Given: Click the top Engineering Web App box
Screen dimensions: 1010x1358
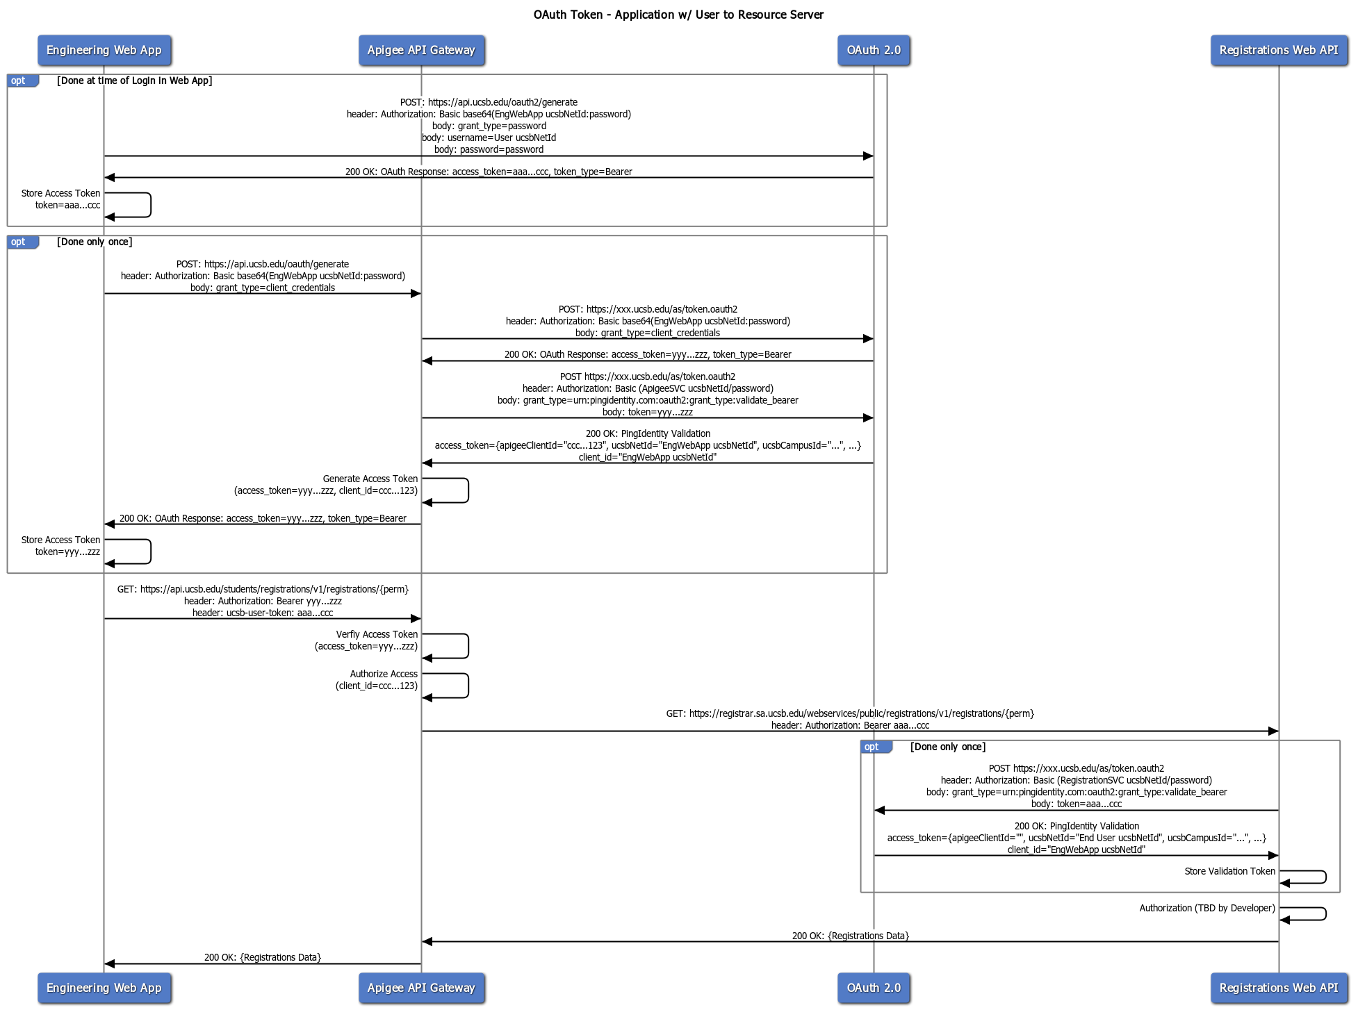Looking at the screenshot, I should tap(104, 50).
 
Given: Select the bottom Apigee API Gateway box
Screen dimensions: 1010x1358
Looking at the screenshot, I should tap(421, 988).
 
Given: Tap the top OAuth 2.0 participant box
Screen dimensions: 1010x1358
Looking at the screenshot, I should tap(874, 50).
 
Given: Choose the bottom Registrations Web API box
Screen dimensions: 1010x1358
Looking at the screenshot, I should tap(1279, 988).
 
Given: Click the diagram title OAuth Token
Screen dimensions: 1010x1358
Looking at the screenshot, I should tap(678, 15).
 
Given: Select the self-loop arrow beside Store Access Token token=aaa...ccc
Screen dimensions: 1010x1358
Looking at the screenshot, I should tap(149, 205).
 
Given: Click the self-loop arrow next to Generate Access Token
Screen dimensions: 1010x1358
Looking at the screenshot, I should tap(467, 490).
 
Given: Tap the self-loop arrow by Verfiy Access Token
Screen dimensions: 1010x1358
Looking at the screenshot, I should tap(467, 646).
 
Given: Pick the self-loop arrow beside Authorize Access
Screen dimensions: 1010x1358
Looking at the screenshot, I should tap(467, 686).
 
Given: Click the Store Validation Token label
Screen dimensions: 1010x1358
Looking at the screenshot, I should tap(1229, 871).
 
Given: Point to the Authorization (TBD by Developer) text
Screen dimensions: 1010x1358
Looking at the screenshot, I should tap(1207, 908).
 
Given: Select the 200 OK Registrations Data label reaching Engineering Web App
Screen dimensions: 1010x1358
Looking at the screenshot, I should tap(263, 957).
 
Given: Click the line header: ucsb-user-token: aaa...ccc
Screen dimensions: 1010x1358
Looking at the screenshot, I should tap(263, 613).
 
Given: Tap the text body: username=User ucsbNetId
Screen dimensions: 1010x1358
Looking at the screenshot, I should tap(489, 138).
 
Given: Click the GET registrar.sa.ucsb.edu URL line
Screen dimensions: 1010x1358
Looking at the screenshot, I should tap(850, 713).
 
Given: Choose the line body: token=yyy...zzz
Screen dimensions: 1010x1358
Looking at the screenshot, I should tap(647, 412).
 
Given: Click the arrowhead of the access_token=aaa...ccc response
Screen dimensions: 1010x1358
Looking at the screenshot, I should tap(110, 177).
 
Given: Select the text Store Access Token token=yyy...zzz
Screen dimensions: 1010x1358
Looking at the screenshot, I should tap(61, 546).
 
